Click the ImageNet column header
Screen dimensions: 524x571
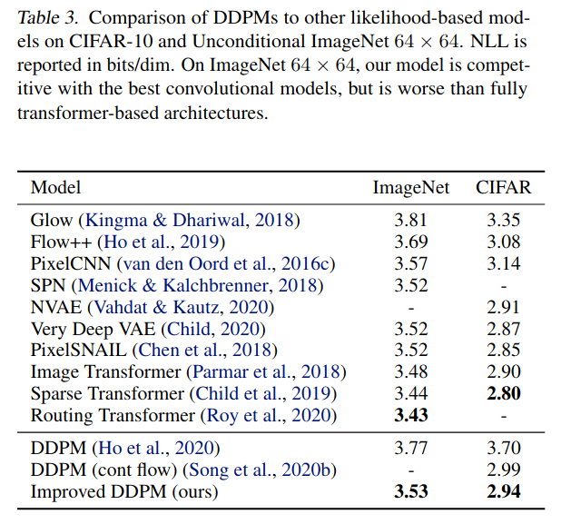coord(410,188)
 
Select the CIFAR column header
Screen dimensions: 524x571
coord(504,188)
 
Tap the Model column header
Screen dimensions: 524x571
coord(55,188)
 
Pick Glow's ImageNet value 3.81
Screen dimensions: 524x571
coord(409,221)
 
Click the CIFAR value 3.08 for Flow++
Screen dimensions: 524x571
coord(504,242)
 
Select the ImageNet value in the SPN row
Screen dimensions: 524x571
coord(409,285)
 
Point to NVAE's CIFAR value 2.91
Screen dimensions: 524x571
coord(504,307)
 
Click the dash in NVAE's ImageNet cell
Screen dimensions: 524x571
coord(410,307)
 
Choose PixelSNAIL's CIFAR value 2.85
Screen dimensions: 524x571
coord(504,351)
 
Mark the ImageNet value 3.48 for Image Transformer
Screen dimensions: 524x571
coord(409,372)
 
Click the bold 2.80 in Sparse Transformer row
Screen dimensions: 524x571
coord(504,394)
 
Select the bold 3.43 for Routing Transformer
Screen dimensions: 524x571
coord(409,416)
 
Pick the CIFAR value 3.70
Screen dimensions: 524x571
coord(504,449)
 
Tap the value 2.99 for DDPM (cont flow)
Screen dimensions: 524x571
coord(504,470)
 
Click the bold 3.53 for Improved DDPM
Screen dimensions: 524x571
coord(409,492)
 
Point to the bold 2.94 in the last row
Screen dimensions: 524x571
coord(504,492)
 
